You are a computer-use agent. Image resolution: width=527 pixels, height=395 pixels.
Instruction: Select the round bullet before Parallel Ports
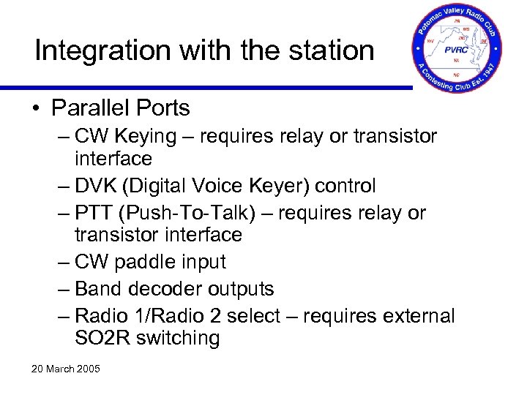coord(36,108)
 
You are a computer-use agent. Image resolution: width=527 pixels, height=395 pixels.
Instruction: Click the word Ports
coord(163,108)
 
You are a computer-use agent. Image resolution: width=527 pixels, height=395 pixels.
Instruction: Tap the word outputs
coord(241,289)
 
